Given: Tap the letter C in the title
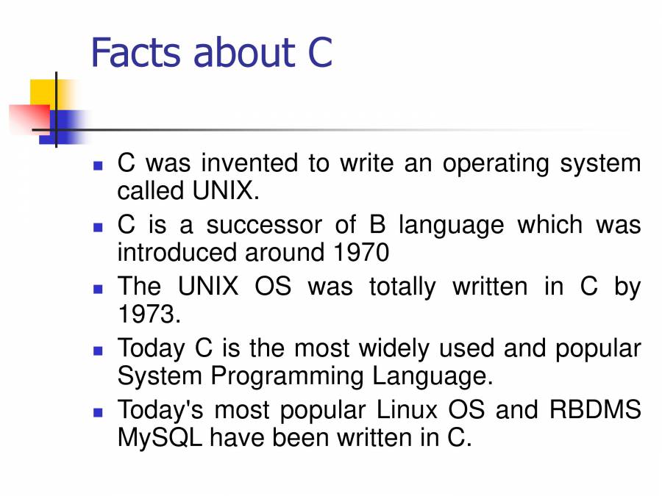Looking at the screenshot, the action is point(320,53).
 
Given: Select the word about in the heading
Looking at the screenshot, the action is point(244,53).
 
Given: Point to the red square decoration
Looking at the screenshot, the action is point(29,118).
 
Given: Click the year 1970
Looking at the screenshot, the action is point(361,253).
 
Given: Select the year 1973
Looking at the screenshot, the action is point(149,315).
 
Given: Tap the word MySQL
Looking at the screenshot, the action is point(160,438).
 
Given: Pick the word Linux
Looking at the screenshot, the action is point(407,409).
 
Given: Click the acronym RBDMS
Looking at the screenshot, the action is point(595,409).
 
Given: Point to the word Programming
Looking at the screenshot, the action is point(287,376).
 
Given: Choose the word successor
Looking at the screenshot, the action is point(264,225).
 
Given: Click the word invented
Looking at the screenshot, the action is point(249,163).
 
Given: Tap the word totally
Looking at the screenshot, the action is point(402,287).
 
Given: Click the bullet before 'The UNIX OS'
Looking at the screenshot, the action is point(98,290).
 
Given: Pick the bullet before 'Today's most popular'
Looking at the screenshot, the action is point(98,412).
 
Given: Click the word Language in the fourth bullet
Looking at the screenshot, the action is point(433,376).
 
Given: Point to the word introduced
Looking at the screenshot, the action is point(177,253).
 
